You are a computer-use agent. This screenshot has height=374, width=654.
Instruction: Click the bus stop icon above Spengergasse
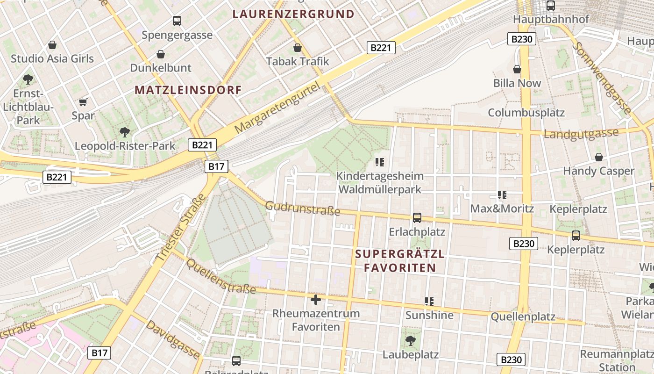(x=177, y=21)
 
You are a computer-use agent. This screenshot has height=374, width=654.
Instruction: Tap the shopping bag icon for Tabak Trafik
(x=298, y=48)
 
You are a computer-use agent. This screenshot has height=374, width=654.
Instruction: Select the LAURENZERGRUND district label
(x=293, y=14)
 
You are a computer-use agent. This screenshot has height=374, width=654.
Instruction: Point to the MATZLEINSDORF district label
(x=188, y=90)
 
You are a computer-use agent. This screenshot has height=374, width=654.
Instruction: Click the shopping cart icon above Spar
(x=83, y=102)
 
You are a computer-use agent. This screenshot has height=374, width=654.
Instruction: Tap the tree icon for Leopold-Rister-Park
(x=124, y=132)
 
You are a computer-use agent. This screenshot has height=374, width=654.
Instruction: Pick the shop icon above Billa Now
(x=517, y=69)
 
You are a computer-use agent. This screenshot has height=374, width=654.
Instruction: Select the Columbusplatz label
(x=526, y=113)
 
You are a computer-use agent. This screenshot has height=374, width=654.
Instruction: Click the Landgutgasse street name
(x=581, y=134)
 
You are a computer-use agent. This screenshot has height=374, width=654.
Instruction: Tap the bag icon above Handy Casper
(x=598, y=157)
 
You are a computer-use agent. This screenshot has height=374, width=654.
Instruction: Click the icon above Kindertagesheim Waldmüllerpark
(x=380, y=162)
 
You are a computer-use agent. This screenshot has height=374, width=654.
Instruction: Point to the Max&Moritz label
(x=502, y=209)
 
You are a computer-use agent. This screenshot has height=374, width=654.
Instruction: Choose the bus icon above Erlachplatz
(x=417, y=217)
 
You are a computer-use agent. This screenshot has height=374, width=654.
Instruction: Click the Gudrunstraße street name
(x=303, y=209)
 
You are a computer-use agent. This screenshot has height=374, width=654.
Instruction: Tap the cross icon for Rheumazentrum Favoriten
(x=316, y=299)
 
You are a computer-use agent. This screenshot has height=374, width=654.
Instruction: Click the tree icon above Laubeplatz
(x=411, y=340)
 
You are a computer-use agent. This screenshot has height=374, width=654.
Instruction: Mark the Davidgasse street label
(x=172, y=339)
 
